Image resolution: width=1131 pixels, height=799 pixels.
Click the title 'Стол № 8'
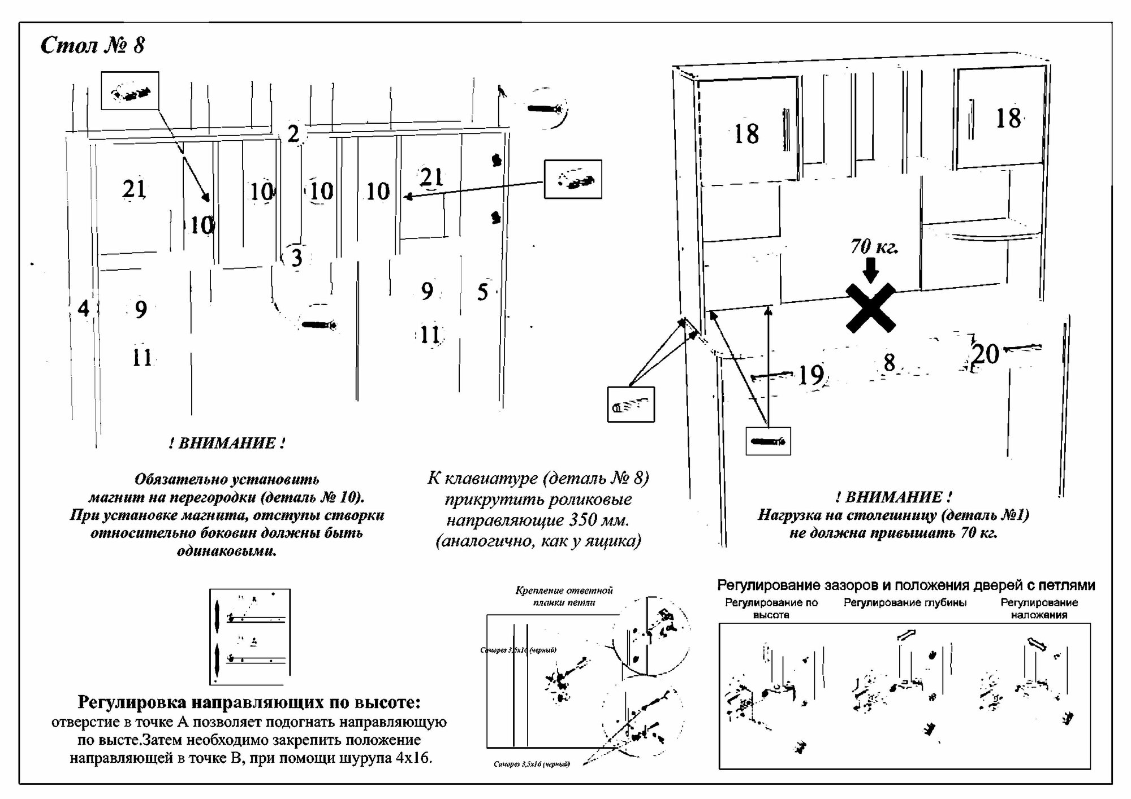(x=93, y=45)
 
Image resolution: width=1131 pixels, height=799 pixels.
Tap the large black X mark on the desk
(x=870, y=308)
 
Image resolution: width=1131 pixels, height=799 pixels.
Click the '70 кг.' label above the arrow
(x=874, y=246)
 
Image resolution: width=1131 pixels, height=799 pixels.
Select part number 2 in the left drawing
(x=293, y=134)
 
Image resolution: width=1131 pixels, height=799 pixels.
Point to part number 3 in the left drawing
(x=296, y=258)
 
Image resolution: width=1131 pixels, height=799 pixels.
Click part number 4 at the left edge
(x=83, y=309)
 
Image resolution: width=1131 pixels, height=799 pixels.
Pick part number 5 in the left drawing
(x=482, y=292)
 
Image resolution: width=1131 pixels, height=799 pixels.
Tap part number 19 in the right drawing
(x=811, y=375)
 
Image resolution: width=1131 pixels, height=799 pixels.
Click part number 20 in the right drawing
(x=986, y=354)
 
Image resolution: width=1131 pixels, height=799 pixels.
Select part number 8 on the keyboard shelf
(x=889, y=363)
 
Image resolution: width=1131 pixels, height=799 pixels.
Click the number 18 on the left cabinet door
(x=746, y=134)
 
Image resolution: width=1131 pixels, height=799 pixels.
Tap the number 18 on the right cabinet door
(x=1008, y=119)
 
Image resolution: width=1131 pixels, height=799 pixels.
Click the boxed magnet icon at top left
(x=130, y=91)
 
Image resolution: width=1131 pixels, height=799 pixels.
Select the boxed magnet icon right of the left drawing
(x=572, y=179)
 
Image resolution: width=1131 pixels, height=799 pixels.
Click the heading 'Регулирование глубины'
(x=905, y=603)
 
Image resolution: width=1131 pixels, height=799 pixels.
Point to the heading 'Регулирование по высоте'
(x=771, y=609)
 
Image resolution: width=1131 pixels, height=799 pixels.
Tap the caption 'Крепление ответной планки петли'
(x=564, y=596)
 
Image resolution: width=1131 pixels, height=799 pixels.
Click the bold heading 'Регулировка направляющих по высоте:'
(x=249, y=702)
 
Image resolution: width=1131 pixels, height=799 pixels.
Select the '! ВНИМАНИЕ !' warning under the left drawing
(x=227, y=443)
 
